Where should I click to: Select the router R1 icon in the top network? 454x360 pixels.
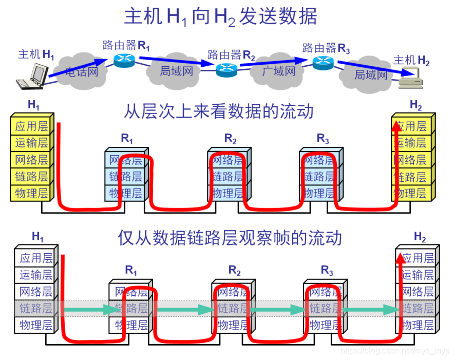click(124, 60)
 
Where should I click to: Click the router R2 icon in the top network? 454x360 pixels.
click(226, 69)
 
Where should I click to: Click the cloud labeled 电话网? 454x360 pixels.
click(82, 71)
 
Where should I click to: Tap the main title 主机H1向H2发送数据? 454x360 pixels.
click(221, 17)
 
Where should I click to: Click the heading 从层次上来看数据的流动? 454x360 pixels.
click(218, 111)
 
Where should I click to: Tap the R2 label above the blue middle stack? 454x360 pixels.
click(230, 138)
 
